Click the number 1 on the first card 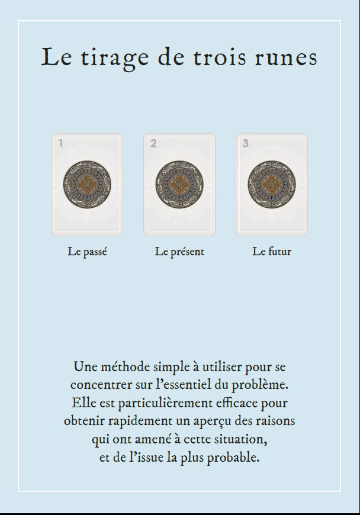61,143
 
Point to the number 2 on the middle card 153,143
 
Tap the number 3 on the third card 246,143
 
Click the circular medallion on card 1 86,184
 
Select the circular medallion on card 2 179,184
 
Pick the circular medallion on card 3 271,184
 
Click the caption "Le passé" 87,252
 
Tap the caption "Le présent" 179,252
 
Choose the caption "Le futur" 272,252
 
